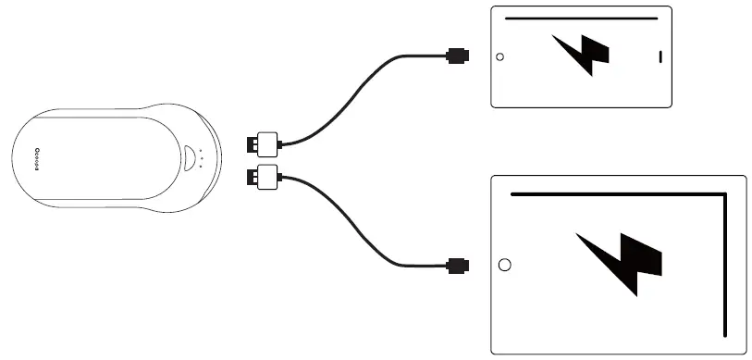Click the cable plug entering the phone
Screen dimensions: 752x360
click(x=457, y=56)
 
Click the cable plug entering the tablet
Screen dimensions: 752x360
click(x=457, y=266)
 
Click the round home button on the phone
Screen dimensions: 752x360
click(x=500, y=56)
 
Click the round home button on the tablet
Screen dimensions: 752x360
click(x=504, y=266)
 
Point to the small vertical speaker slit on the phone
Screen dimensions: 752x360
click(x=660, y=56)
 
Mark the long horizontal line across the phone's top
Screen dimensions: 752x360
click(x=582, y=18)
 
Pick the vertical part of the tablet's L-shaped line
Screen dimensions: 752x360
click(x=724, y=268)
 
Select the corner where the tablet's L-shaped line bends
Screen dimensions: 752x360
click(x=724, y=194)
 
